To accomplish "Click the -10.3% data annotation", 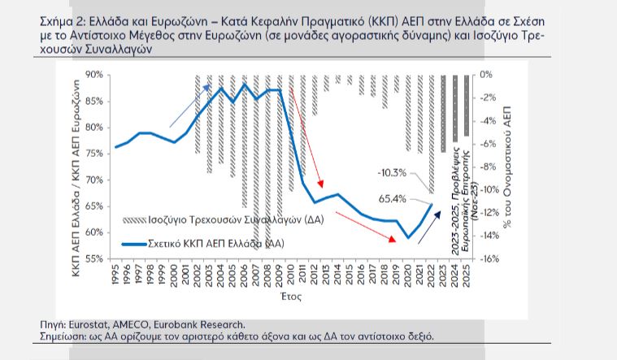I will pos(392,173).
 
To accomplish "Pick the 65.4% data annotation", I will pos(393,198).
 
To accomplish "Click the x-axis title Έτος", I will pos(290,298).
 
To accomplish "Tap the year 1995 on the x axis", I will pos(116,274).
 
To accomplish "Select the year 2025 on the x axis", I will pos(467,274).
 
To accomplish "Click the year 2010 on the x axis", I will pos(291,274).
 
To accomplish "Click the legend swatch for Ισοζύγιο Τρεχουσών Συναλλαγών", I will pos(133,220).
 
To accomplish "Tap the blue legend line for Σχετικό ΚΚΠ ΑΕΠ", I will pos(133,244).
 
